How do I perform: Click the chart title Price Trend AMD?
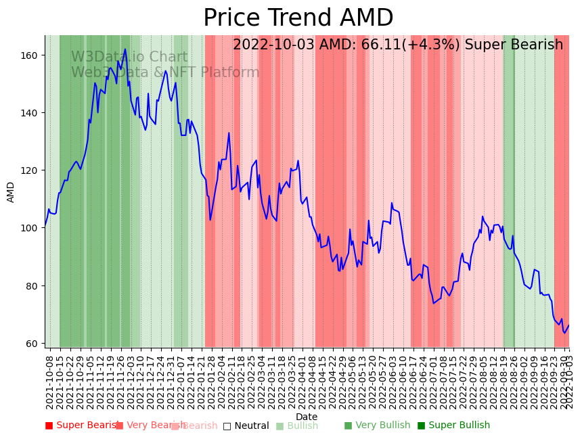tap(298, 18)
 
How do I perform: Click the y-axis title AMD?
tap(11, 192)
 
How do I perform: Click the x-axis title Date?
tap(307, 417)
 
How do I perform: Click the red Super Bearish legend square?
tap(49, 425)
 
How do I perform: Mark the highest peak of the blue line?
tap(125, 49)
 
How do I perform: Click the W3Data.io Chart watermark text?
tap(129, 57)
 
